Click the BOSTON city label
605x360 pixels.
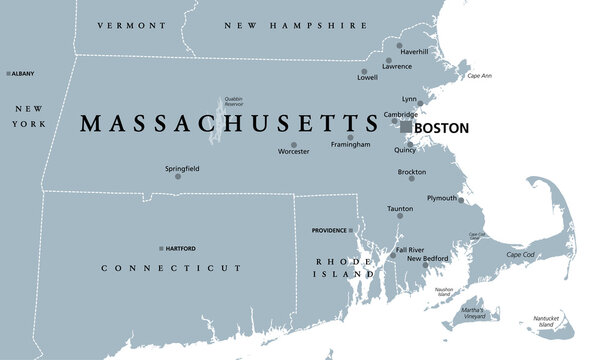tap(441, 129)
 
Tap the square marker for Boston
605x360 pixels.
tap(406, 128)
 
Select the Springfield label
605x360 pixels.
tap(181, 169)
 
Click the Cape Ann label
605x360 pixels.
tap(479, 76)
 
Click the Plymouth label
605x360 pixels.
tap(441, 198)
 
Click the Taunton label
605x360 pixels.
tap(400, 208)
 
